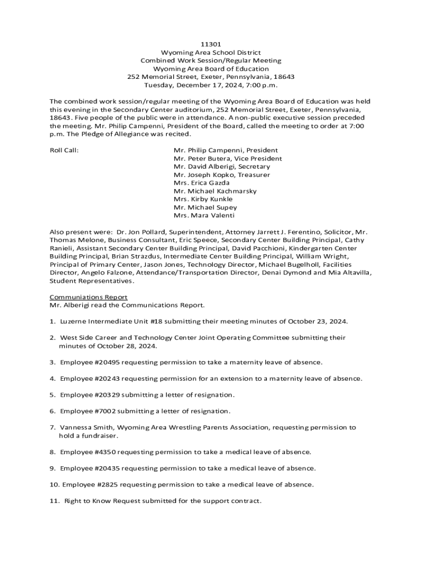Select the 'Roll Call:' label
pyautogui.click(x=64, y=150)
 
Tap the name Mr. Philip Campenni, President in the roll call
pyautogui.click(x=226, y=150)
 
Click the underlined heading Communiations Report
pyautogui.click(x=89, y=297)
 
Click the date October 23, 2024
pyautogui.click(x=317, y=322)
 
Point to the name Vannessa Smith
pyautogui.click(x=85, y=427)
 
